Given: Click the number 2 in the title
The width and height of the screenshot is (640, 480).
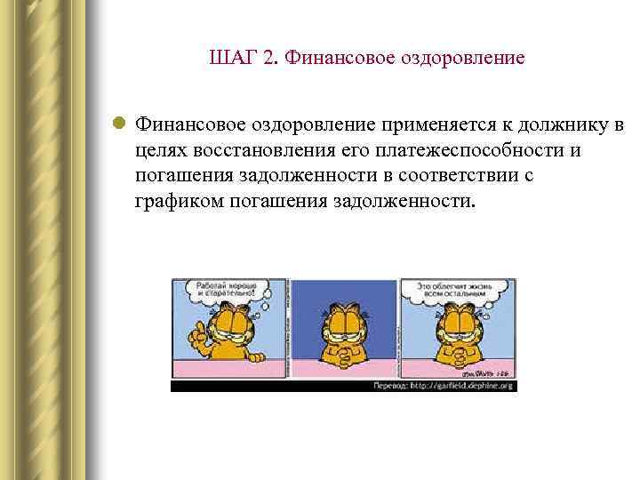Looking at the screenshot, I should click(x=268, y=59).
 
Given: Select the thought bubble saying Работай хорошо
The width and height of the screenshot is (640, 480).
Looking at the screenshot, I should click(x=227, y=290).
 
